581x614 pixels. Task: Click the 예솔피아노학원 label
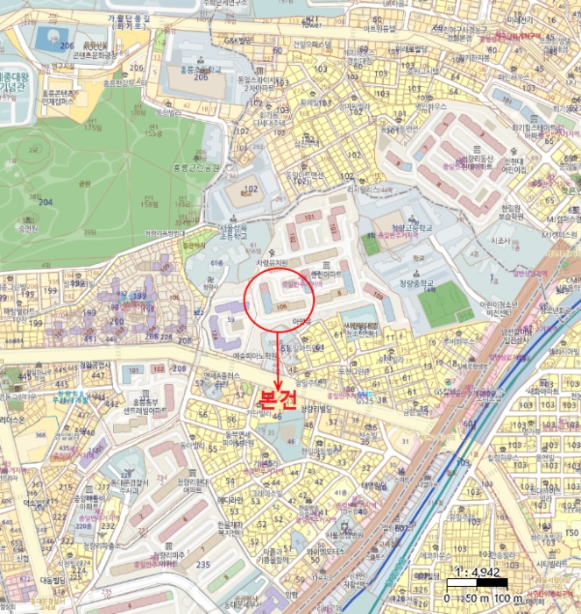point(253,355)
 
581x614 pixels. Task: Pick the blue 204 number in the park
point(46,202)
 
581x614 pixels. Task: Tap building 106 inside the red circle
point(281,306)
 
